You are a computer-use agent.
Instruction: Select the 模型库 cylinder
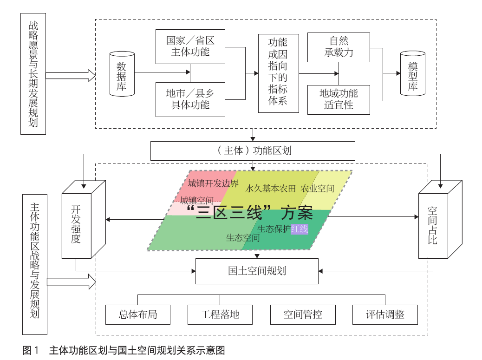[413, 73]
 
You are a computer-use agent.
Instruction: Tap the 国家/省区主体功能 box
[190, 46]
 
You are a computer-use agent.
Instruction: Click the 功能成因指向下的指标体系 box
[278, 73]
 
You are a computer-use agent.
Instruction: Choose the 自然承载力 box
[339, 47]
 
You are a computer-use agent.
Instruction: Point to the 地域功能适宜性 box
[339, 99]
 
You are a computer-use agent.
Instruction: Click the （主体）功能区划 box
[253, 151]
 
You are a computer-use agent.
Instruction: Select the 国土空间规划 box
[257, 271]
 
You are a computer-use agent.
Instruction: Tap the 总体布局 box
[137, 314]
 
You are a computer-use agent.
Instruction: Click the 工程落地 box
[220, 314]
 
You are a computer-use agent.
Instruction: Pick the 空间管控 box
[303, 314]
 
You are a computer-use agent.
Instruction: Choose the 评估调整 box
[385, 314]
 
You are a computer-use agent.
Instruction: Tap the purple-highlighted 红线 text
[299, 229]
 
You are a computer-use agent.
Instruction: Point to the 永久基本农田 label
[271, 189]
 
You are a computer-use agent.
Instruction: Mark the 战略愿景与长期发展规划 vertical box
[33, 74]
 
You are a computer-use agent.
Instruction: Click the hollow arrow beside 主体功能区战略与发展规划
[71, 281]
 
